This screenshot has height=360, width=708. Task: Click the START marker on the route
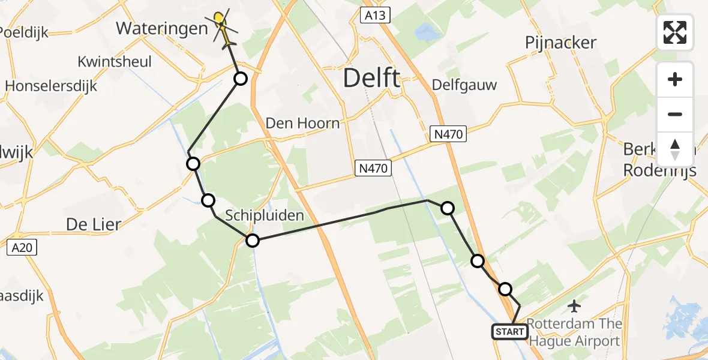(509, 331)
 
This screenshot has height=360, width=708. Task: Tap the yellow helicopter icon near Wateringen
(222, 27)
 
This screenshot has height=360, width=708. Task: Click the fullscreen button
(675, 32)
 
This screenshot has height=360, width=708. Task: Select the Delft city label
(372, 78)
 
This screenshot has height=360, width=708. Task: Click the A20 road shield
(22, 247)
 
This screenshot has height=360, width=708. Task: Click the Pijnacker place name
(560, 43)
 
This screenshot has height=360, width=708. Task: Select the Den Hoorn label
(302, 124)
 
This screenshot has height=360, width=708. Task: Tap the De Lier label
(93, 225)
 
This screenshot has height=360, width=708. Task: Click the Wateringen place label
(157, 28)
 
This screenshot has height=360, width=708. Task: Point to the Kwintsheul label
(115, 62)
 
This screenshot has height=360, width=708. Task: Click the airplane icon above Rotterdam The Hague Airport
(574, 307)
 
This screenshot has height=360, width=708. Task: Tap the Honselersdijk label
(51, 86)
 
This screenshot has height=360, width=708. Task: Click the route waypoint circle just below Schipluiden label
(253, 241)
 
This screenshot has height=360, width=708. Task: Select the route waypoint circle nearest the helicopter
(240, 79)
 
